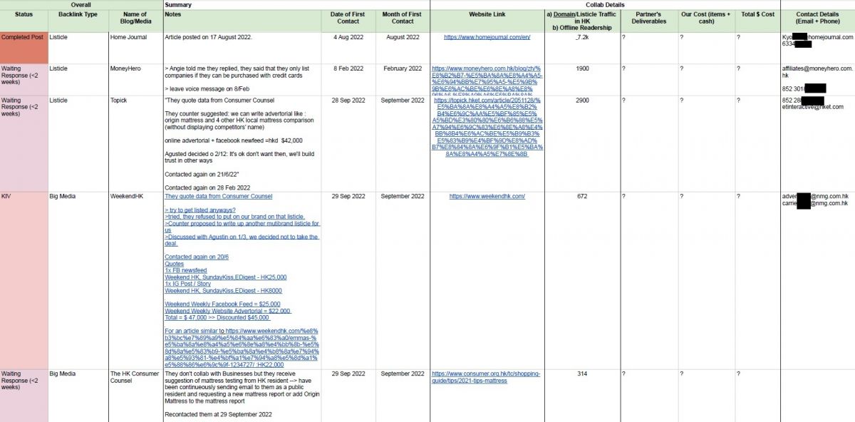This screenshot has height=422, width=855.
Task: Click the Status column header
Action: (x=24, y=14)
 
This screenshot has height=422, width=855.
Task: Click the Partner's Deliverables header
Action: (x=648, y=18)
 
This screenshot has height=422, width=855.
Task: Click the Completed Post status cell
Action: (x=24, y=36)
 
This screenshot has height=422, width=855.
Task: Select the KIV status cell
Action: (x=6, y=196)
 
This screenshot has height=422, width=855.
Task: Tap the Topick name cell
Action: (x=121, y=101)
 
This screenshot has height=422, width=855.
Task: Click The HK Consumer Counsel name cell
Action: (x=135, y=377)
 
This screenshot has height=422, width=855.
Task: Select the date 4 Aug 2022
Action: (x=348, y=36)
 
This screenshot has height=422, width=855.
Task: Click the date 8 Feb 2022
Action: (x=348, y=68)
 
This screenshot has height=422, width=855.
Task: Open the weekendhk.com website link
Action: (x=487, y=196)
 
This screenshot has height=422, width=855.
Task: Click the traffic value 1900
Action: (x=582, y=68)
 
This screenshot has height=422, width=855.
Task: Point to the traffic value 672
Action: (x=582, y=196)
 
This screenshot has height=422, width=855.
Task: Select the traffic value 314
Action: (x=582, y=374)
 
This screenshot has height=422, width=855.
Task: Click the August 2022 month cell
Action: (x=403, y=36)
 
